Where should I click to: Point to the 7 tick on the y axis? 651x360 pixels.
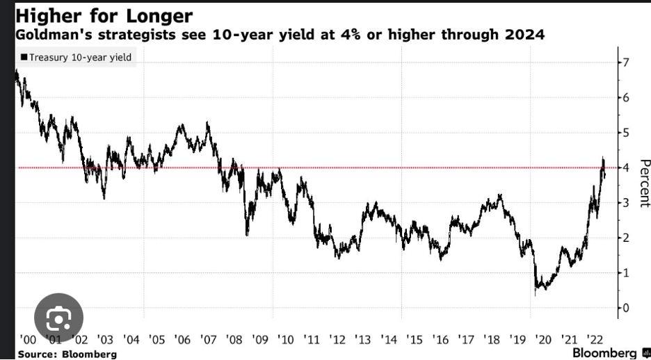click(626, 63)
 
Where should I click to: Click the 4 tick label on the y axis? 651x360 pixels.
click(626, 167)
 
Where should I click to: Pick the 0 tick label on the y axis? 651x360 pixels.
click(626, 307)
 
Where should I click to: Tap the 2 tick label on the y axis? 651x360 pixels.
click(626, 238)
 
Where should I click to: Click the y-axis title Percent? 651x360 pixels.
click(644, 184)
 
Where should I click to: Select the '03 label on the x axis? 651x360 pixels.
click(106, 339)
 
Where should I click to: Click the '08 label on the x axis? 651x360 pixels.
click(234, 339)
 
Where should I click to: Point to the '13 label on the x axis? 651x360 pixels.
click(362, 339)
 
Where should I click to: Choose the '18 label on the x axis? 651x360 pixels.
click(491, 339)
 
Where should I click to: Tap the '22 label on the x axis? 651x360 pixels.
click(594, 339)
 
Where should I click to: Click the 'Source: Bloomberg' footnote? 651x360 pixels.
click(67, 354)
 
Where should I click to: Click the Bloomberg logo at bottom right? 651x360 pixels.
click(609, 353)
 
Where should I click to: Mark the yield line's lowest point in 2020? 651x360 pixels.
click(535, 295)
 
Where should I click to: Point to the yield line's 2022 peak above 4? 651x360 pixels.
click(603, 158)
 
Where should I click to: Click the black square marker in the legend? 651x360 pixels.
click(24, 57)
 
